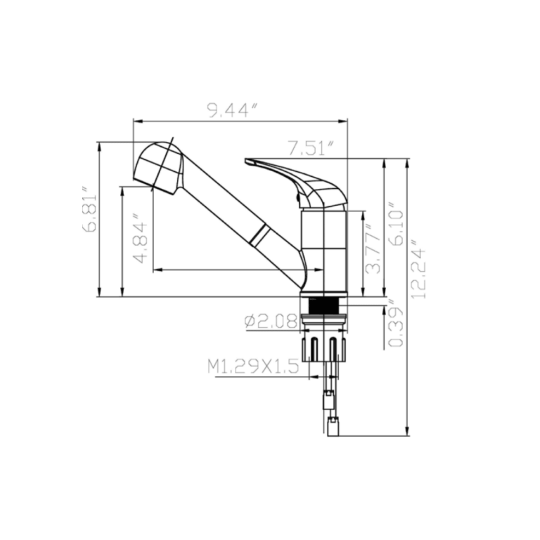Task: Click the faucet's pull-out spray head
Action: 157,165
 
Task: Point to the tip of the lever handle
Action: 248,161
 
